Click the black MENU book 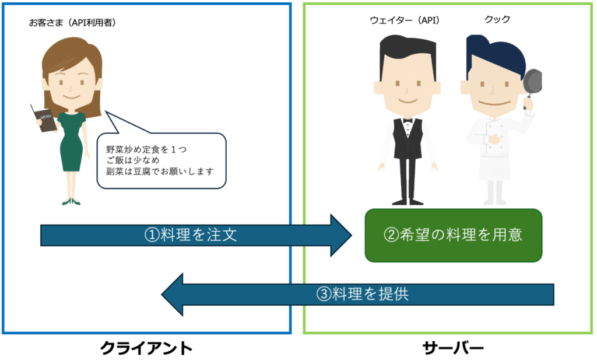[44, 118]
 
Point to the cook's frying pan [532, 82]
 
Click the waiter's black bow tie [407, 120]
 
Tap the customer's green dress [71, 140]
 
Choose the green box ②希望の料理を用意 [453, 235]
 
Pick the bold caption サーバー [452, 349]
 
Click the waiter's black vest [407, 140]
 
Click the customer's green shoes [71, 202]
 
